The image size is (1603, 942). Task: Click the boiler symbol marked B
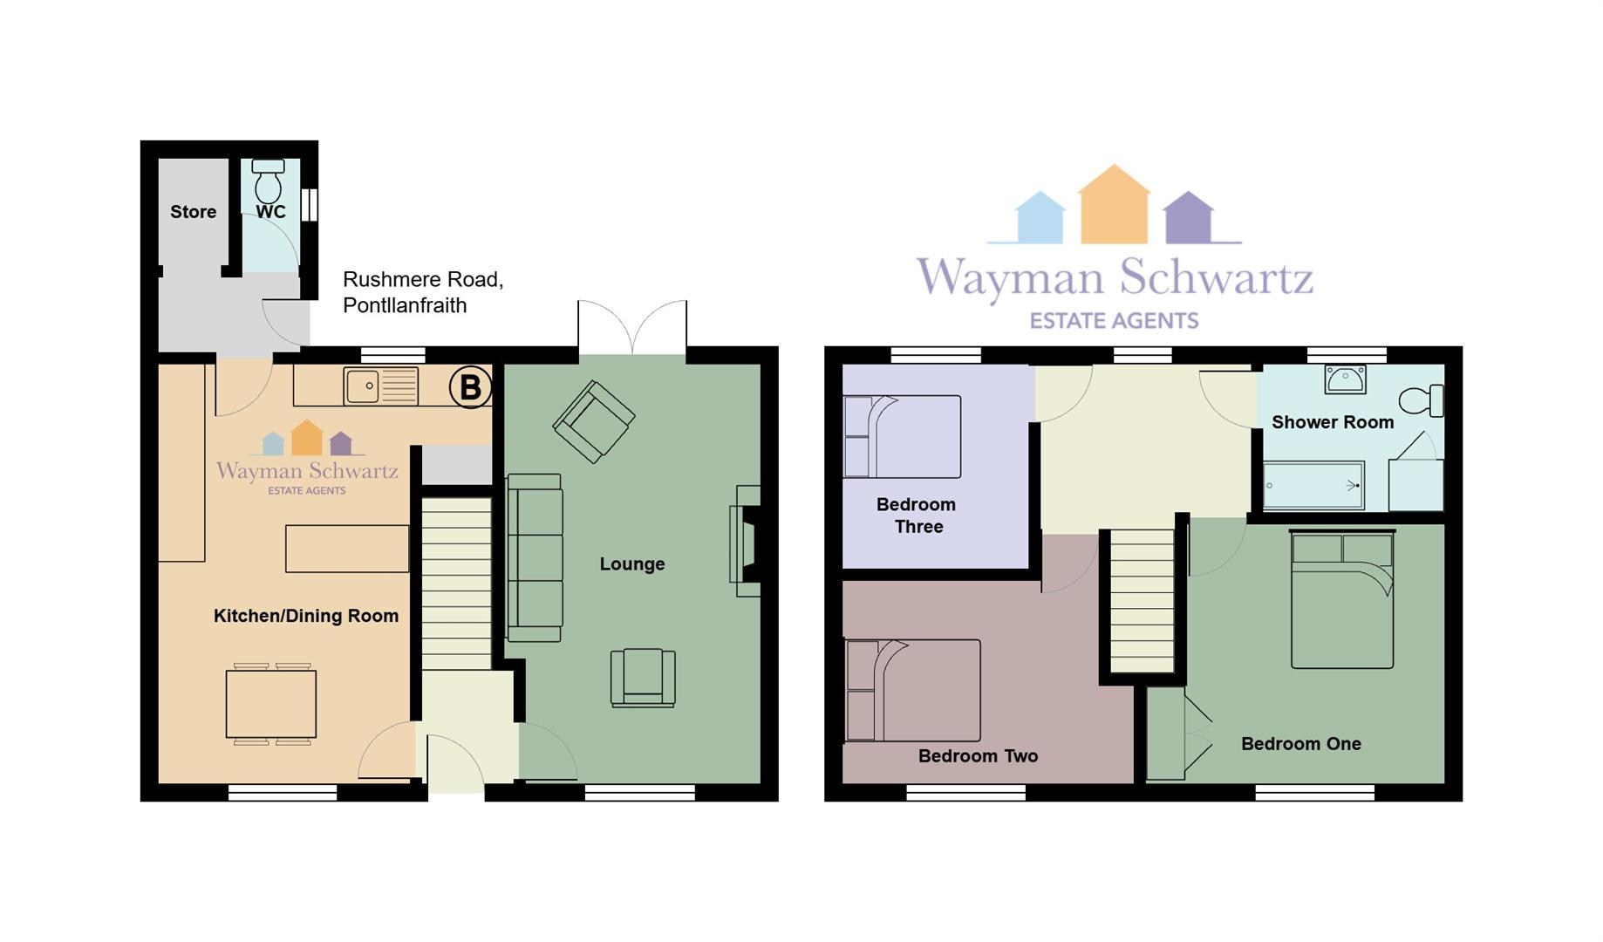coord(470,387)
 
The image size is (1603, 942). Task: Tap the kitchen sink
coord(381,386)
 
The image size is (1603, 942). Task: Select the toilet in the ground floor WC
coord(269,181)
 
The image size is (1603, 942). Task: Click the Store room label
coord(194,212)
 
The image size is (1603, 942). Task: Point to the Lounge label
coord(632,564)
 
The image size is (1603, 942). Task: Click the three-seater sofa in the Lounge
coord(535,558)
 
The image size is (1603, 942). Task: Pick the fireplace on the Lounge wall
coord(746,541)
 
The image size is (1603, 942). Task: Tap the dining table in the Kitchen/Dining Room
coord(271,704)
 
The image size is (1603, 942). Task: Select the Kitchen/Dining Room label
coord(306,616)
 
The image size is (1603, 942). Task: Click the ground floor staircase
coord(456,584)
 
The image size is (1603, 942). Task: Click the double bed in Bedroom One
coord(1342,599)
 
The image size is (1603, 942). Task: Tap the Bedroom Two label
coord(979,756)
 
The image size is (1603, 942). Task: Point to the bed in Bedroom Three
coord(902,436)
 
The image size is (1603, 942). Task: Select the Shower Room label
coord(1333,422)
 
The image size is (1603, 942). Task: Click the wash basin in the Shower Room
coord(1345,379)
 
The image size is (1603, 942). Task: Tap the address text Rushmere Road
coord(423,280)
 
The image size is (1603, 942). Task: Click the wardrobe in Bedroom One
coord(1166,734)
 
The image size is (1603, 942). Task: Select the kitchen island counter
coord(347,549)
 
